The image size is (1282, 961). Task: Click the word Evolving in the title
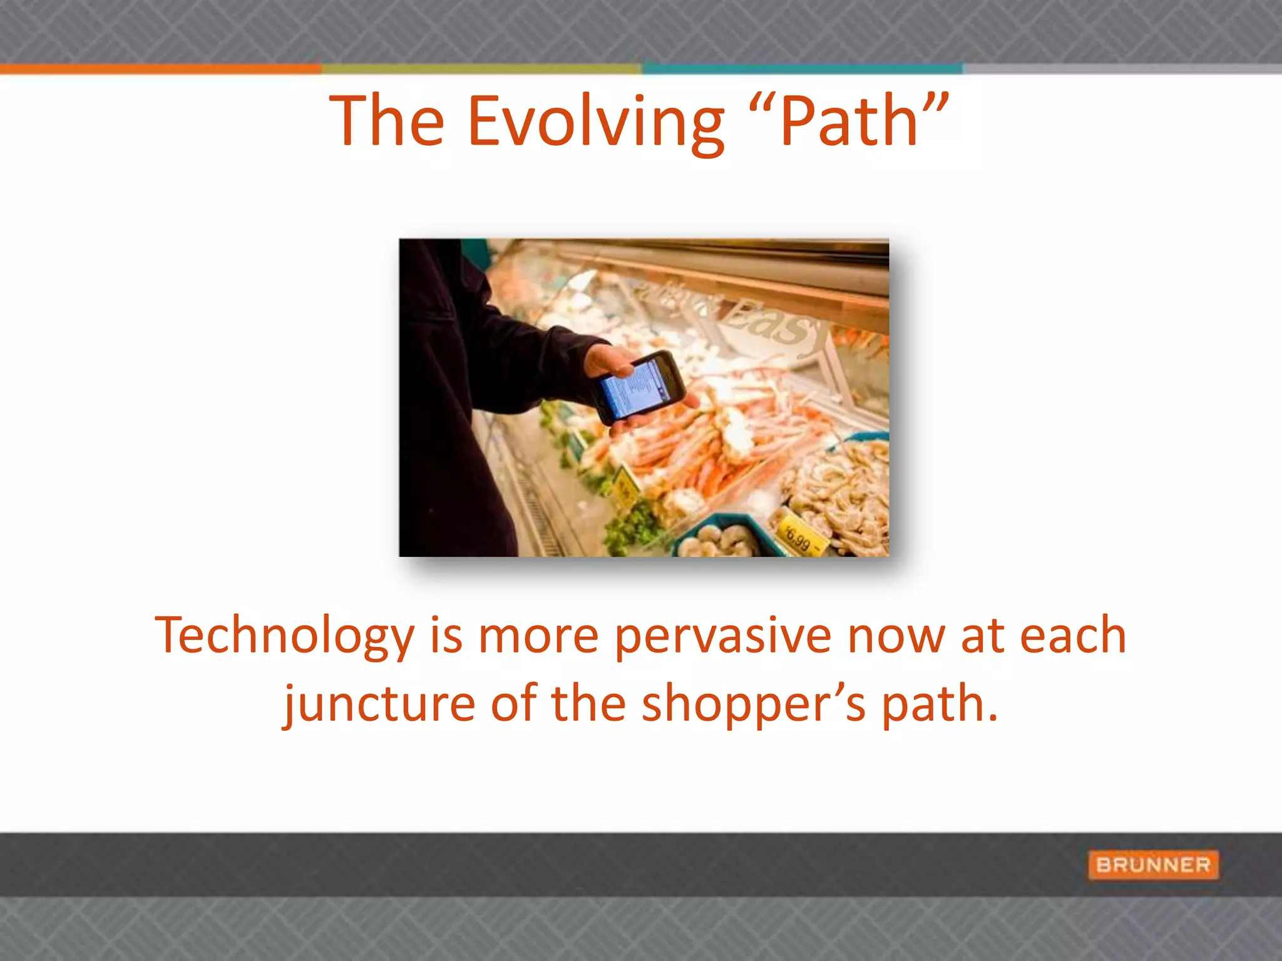pyautogui.click(x=595, y=122)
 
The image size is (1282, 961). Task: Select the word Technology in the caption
pyautogui.click(x=284, y=636)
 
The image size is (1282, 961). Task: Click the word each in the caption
pyautogui.click(x=1073, y=636)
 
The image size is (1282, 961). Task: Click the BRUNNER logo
pyautogui.click(x=1153, y=865)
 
